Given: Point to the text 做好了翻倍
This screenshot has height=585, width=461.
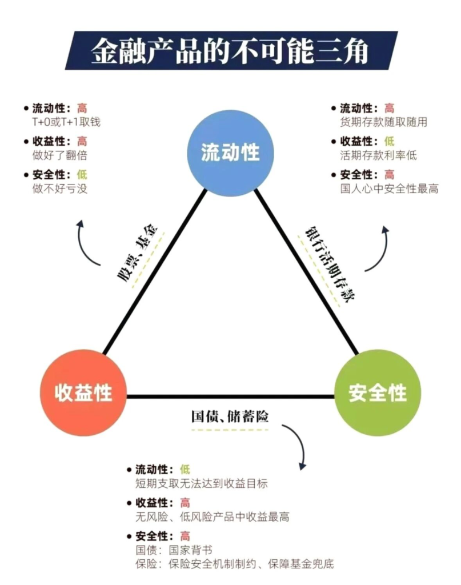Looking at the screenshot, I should pos(59,155).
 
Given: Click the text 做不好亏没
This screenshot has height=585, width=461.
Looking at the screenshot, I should pos(59,189).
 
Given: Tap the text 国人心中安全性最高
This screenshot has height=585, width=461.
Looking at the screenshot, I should pos(389,189).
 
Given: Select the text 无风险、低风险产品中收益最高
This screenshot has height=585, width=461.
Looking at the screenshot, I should pos(212,517).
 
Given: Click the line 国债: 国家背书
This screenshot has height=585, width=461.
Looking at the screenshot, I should pos(174,550).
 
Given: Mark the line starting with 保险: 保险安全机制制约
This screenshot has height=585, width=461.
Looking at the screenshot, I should pos(234,564).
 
